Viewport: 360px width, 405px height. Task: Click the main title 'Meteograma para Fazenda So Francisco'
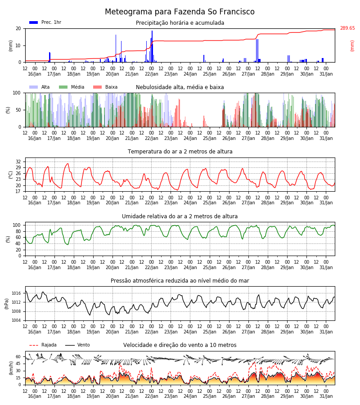coord(180,12)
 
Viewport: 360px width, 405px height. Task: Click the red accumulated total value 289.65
coord(347,28)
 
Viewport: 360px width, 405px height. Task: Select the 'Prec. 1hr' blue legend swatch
coord(34,22)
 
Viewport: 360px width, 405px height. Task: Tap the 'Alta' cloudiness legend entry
coord(40,87)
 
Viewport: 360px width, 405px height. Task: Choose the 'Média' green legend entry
coord(72,87)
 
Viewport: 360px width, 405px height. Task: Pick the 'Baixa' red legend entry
coord(105,87)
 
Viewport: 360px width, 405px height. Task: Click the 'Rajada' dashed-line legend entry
coord(43,345)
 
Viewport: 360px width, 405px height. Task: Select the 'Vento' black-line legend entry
coord(77,345)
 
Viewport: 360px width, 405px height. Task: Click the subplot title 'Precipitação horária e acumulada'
coord(180,23)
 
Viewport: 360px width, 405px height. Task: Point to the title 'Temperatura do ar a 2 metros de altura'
coord(180,152)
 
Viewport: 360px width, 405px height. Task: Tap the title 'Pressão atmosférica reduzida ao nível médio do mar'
coord(180,280)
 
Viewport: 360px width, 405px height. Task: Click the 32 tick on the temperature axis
coord(18,162)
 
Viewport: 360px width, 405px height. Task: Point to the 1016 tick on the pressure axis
coord(16,293)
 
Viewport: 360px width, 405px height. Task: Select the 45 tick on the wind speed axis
coord(18,364)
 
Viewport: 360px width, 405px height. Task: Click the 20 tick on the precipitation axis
coord(18,28)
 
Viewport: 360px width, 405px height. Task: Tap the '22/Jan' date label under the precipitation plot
coord(152,74)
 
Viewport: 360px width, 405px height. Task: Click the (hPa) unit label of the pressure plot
coord(7,304)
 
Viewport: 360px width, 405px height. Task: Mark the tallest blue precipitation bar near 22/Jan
coord(152,46)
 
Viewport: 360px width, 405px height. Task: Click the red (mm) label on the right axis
coord(352,46)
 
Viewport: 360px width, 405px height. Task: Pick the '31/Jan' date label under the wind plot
coord(326,396)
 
